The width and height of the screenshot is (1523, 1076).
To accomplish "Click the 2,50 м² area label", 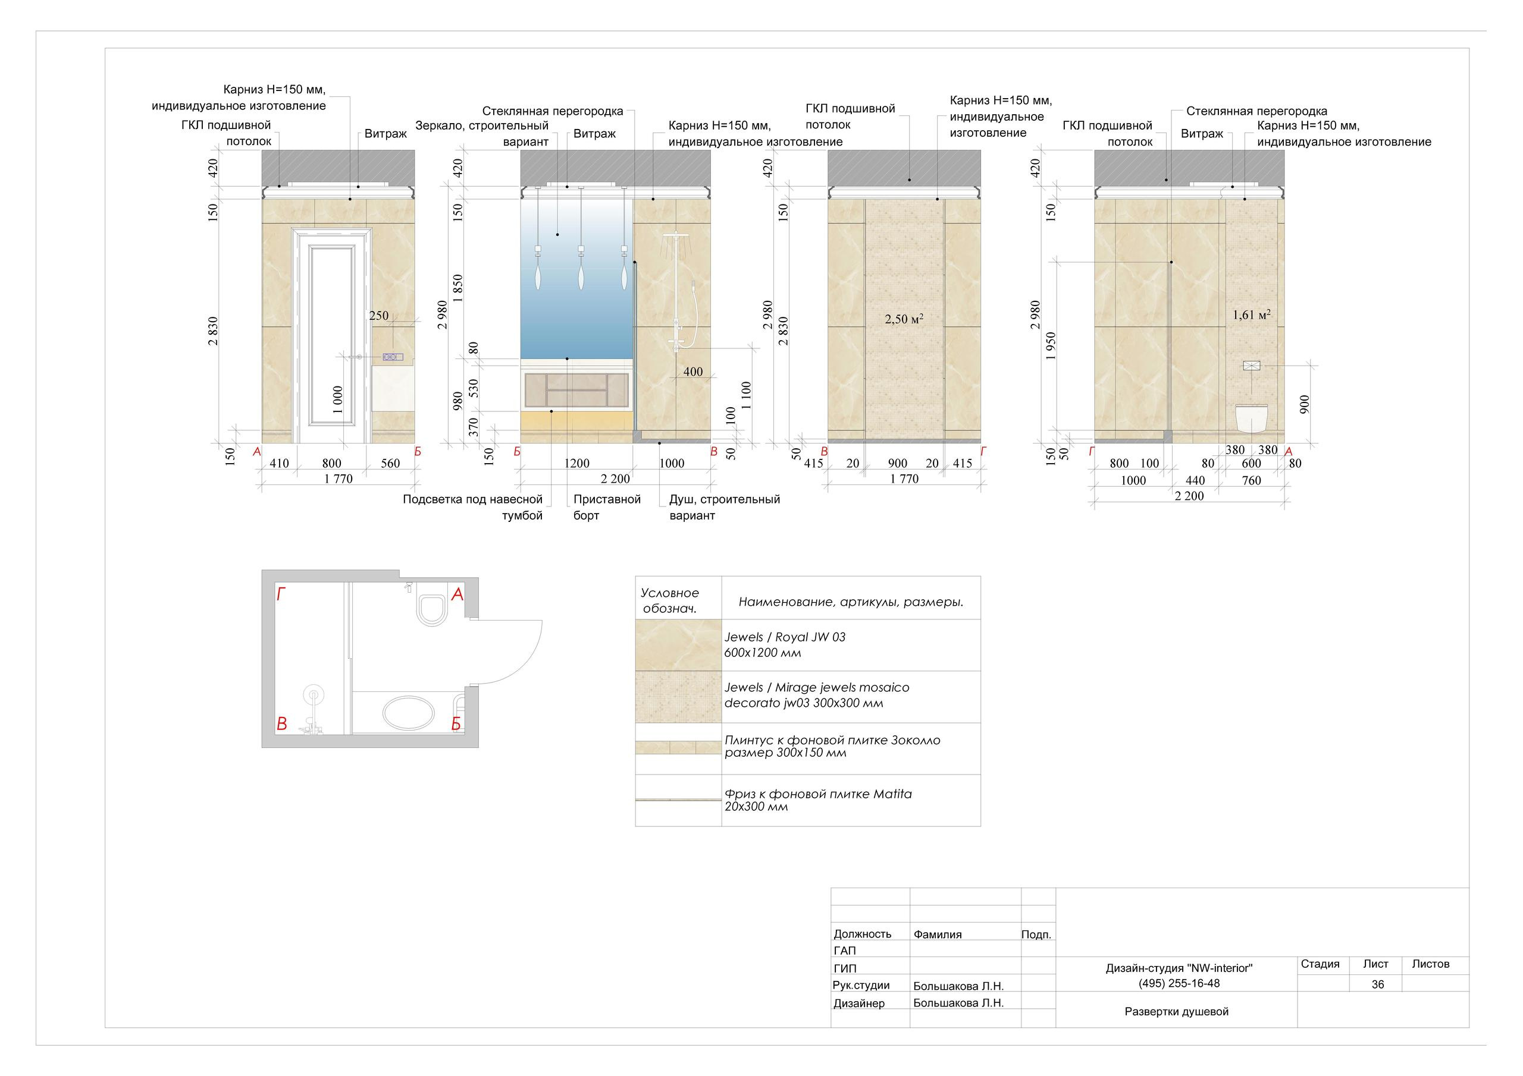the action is tap(904, 319).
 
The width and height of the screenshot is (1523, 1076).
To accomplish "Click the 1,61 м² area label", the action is tap(1251, 315).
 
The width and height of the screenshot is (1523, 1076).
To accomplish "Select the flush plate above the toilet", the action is tap(1251, 365).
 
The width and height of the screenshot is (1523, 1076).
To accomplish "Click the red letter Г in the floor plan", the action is tap(281, 594).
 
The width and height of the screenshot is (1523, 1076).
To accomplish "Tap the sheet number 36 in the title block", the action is tap(1378, 984).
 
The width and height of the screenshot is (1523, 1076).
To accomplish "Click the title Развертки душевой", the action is tap(1177, 1012).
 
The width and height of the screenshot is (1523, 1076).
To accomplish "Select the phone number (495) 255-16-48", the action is tap(1179, 984).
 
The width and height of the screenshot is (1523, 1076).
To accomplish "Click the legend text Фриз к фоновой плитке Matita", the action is tap(818, 794).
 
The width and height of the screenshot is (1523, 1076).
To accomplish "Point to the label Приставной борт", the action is tap(607, 507).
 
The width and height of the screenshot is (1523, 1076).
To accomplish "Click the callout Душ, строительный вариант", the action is tap(725, 507).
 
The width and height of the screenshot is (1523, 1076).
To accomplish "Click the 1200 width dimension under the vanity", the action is tap(576, 464).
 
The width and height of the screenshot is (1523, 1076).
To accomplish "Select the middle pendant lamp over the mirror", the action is tap(581, 269).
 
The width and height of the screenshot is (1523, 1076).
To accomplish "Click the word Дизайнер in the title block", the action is tap(859, 1003).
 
